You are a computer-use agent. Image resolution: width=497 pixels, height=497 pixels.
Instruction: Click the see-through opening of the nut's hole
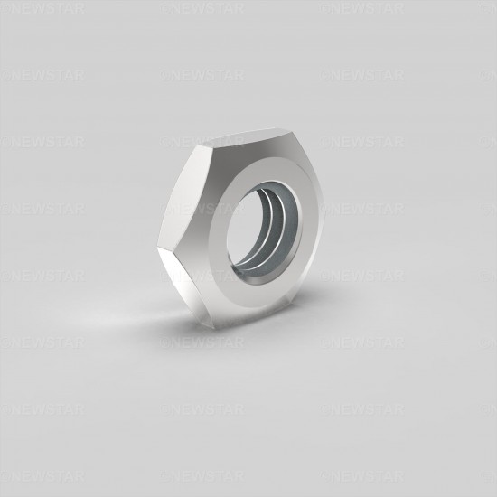point(244,229)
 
